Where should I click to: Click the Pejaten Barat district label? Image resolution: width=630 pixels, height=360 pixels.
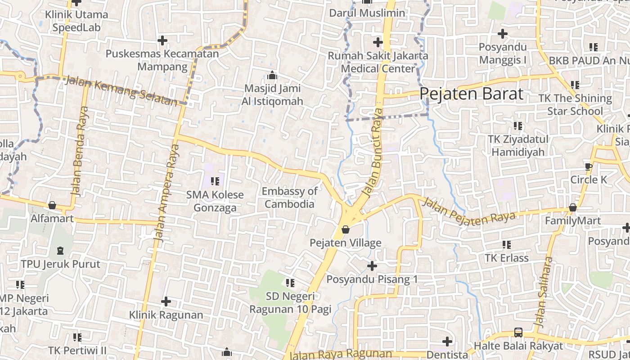[x=472, y=94]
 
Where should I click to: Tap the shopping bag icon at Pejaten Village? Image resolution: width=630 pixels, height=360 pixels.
[x=346, y=229]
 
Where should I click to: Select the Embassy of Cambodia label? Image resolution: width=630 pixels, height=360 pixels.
[x=289, y=198]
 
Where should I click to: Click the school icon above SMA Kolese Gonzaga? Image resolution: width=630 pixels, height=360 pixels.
[x=215, y=181]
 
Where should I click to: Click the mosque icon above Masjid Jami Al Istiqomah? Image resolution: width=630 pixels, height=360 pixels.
[x=272, y=75]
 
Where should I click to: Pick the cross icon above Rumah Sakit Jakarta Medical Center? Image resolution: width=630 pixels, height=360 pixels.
[x=378, y=42]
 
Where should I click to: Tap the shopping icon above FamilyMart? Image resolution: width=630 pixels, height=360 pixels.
[x=572, y=207]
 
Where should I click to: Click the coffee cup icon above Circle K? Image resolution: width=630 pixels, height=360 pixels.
[x=588, y=166]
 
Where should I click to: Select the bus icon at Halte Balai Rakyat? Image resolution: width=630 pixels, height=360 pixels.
[x=518, y=333]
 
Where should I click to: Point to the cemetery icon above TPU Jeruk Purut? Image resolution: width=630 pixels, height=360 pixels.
[x=61, y=250]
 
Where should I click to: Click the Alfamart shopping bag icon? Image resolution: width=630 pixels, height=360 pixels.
[x=52, y=205]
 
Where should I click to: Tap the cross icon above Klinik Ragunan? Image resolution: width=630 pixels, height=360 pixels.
[x=166, y=301]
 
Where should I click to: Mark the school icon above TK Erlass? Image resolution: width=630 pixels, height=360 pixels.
[x=507, y=245]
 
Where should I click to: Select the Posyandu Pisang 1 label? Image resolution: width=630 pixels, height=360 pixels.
[x=372, y=279]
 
